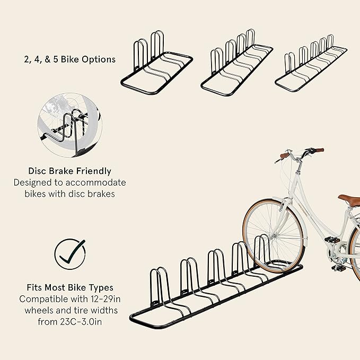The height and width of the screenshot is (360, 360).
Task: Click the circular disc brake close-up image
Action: (x=70, y=125)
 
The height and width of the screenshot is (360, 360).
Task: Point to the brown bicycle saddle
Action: (x=349, y=199)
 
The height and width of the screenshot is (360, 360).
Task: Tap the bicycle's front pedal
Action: (x=332, y=240)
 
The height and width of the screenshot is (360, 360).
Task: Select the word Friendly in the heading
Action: (x=94, y=171)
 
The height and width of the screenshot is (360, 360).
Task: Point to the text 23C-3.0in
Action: (x=81, y=322)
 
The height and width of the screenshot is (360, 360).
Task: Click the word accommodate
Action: (x=96, y=183)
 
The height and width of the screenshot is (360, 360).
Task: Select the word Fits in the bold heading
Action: (x=34, y=287)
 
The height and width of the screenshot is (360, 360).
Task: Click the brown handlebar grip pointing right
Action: (x=320, y=151)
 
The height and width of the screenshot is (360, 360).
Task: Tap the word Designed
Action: (x=32, y=183)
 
